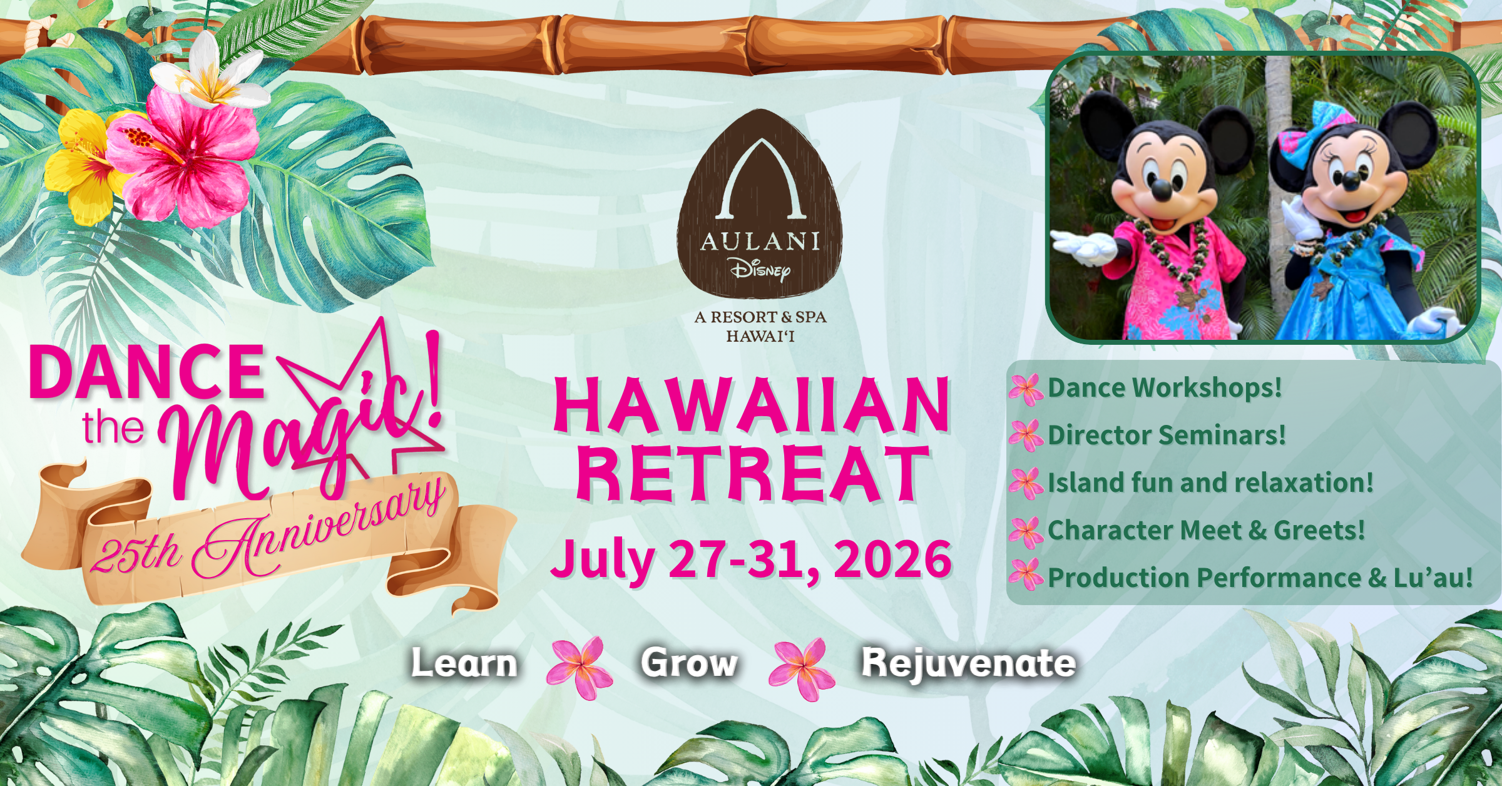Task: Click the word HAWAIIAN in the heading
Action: [751, 406]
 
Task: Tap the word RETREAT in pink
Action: [751, 474]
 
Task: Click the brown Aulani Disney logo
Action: [760, 203]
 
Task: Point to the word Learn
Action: [464, 663]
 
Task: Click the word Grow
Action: [689, 663]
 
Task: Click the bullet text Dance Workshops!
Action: [1165, 387]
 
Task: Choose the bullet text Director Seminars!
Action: [1167, 435]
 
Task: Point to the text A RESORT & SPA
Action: [760, 317]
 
